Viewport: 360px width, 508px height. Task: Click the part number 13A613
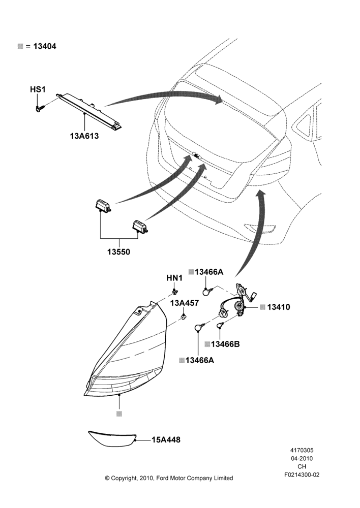84,136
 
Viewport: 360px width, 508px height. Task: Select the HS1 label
38,89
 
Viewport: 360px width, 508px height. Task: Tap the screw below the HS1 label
40,109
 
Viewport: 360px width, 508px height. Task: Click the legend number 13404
45,46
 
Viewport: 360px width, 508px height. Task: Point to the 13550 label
118,252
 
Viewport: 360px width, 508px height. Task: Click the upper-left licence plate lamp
103,206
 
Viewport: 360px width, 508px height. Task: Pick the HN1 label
174,278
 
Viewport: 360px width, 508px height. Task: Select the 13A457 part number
185,303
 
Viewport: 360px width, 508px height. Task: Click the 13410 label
279,307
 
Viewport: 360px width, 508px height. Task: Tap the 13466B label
225,344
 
